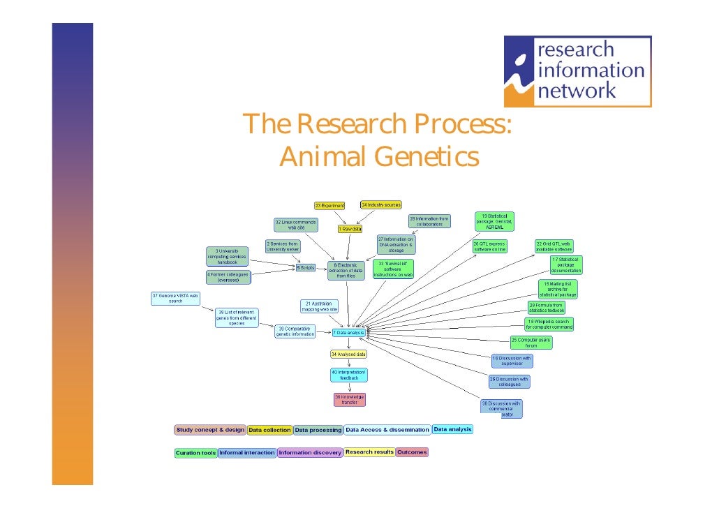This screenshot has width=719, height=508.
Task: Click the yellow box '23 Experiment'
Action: tap(329, 206)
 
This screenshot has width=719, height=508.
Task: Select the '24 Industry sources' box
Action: tap(381, 205)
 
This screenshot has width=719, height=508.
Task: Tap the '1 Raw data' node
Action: tap(350, 228)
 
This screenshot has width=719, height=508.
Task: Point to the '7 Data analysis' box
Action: tap(349, 333)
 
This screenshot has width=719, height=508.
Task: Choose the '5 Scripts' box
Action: tap(306, 267)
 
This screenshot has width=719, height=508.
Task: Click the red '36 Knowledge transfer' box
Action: tap(349, 400)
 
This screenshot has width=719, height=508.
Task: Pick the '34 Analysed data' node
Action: tap(348, 354)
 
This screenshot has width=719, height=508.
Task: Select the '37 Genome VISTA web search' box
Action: tap(176, 298)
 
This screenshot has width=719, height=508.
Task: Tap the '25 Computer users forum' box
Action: tap(531, 343)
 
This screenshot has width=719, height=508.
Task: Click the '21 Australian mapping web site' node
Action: tap(319, 306)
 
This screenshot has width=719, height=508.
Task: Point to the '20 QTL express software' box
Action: tap(489, 246)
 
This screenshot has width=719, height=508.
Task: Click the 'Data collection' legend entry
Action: tap(269, 431)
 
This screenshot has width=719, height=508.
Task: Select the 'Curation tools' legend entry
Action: tap(195, 453)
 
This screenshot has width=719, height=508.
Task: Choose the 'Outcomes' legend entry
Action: tap(412, 452)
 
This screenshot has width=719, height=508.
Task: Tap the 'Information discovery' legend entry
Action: tap(310, 453)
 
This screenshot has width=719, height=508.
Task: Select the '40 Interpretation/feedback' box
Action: tap(349, 375)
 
